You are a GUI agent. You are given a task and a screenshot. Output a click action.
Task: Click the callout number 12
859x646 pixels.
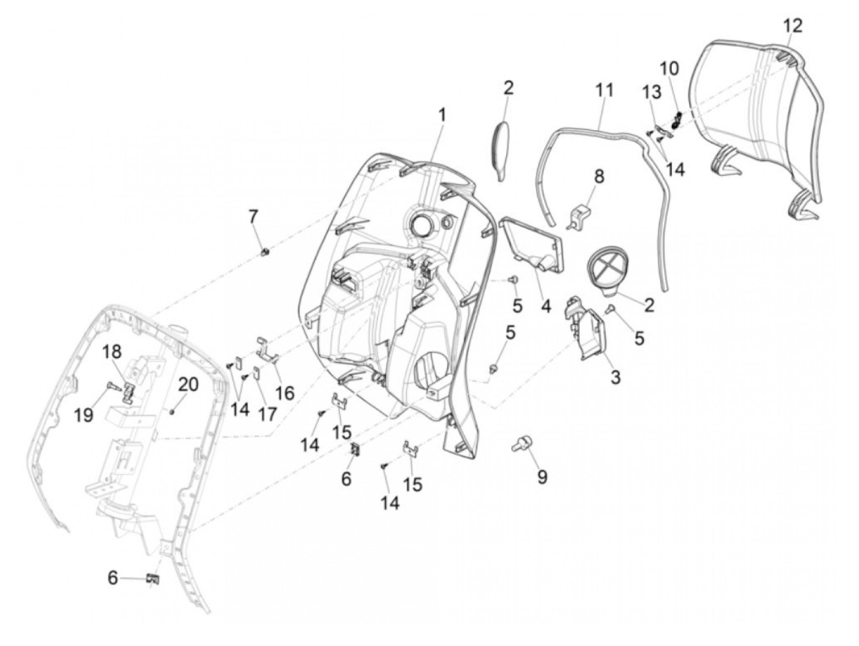tap(792, 26)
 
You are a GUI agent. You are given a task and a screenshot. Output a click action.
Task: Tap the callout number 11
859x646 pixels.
tap(604, 90)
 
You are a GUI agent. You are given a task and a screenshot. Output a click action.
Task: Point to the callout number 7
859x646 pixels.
tap(253, 216)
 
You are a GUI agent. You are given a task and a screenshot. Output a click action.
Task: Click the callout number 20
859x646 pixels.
tap(188, 384)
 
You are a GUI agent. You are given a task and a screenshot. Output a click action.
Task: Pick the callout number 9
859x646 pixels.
tap(542, 476)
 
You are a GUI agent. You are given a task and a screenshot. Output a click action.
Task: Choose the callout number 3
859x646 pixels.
tap(615, 376)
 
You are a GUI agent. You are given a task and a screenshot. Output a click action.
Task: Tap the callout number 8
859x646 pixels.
tap(598, 176)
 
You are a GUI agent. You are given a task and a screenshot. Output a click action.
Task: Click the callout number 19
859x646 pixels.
tap(84, 415)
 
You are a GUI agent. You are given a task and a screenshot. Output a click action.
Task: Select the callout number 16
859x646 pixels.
tap(285, 392)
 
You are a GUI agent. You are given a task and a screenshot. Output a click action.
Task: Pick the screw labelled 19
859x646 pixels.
tap(114, 386)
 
